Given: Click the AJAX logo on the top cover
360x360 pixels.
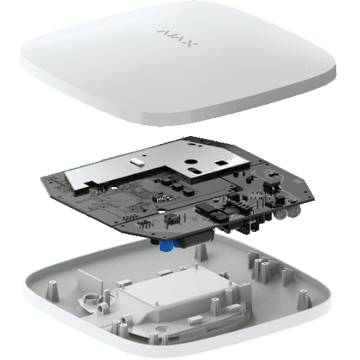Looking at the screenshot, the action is tap(177, 38).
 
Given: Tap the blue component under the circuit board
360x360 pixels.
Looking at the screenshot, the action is tap(168, 246).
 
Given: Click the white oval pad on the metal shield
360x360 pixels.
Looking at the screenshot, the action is tap(136, 161).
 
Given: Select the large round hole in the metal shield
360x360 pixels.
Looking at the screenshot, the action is tap(191, 162).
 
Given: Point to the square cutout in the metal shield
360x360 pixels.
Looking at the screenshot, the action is tap(221, 163).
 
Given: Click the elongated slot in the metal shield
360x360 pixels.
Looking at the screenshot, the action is tap(194, 171).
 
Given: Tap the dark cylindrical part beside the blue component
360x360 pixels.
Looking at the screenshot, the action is tap(196, 238).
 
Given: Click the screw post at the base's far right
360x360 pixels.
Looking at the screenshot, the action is tap(305, 300).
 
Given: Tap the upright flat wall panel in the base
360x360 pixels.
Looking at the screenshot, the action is tap(90, 282).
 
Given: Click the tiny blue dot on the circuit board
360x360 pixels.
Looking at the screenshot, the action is tap(171, 197).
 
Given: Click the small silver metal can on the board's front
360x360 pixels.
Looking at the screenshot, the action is tap(172, 218).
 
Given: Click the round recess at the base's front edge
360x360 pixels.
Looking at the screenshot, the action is tap(160, 329).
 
